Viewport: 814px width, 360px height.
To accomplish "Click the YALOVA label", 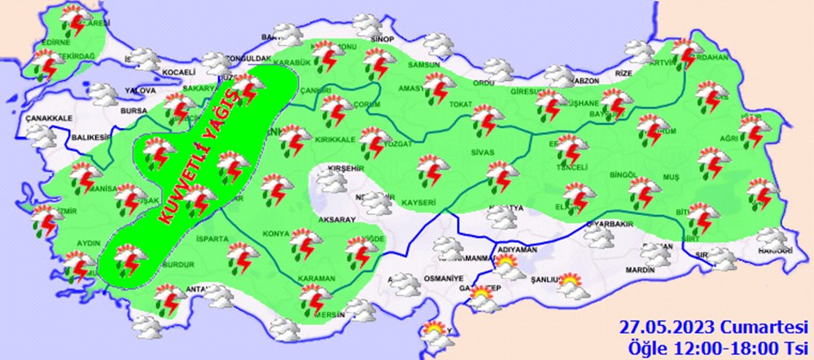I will click(x=138, y=91).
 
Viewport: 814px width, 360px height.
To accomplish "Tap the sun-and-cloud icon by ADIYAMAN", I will click(x=505, y=265).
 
